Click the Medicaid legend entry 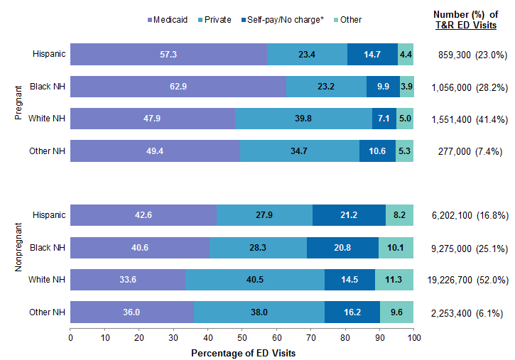(168, 20)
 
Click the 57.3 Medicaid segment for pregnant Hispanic (168, 54)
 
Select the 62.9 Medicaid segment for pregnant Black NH (178, 87)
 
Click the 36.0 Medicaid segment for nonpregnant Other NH (132, 312)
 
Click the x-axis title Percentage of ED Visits (242, 353)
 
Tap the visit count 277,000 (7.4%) (467, 151)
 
